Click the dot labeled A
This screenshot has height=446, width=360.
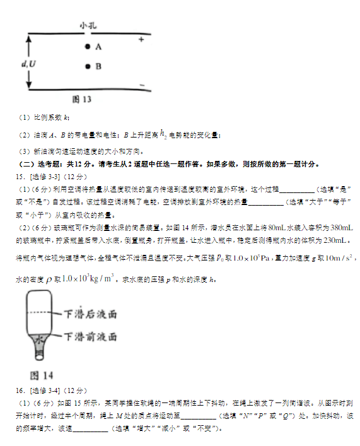(88, 47)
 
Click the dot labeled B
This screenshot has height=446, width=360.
(88, 66)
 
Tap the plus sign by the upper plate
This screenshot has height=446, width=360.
(141, 40)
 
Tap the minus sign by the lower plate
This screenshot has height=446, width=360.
(141, 85)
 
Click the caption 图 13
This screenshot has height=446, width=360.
(82, 100)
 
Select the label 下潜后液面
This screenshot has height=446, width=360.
(91, 313)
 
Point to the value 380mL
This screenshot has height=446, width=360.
(341, 226)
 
